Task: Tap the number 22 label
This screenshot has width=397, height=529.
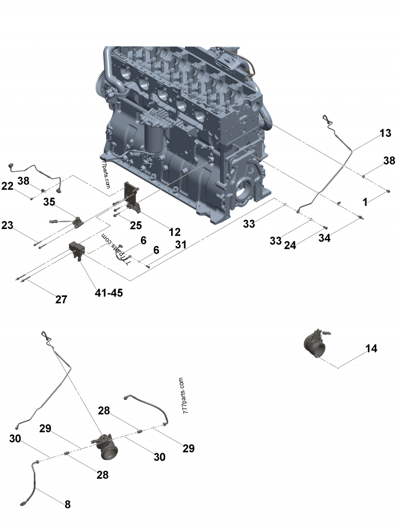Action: [7, 186]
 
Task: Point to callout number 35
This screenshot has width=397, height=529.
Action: [49, 201]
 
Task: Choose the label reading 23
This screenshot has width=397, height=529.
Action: [7, 225]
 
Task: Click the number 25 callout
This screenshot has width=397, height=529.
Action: [135, 225]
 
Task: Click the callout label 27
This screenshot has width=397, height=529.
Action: [62, 299]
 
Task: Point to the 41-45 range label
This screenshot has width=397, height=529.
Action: [109, 293]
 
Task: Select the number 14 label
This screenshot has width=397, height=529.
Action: [371, 349]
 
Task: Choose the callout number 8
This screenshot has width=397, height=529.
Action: [67, 505]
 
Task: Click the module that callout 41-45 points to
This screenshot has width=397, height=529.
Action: [77, 249]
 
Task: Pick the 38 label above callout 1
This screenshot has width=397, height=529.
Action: [389, 161]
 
